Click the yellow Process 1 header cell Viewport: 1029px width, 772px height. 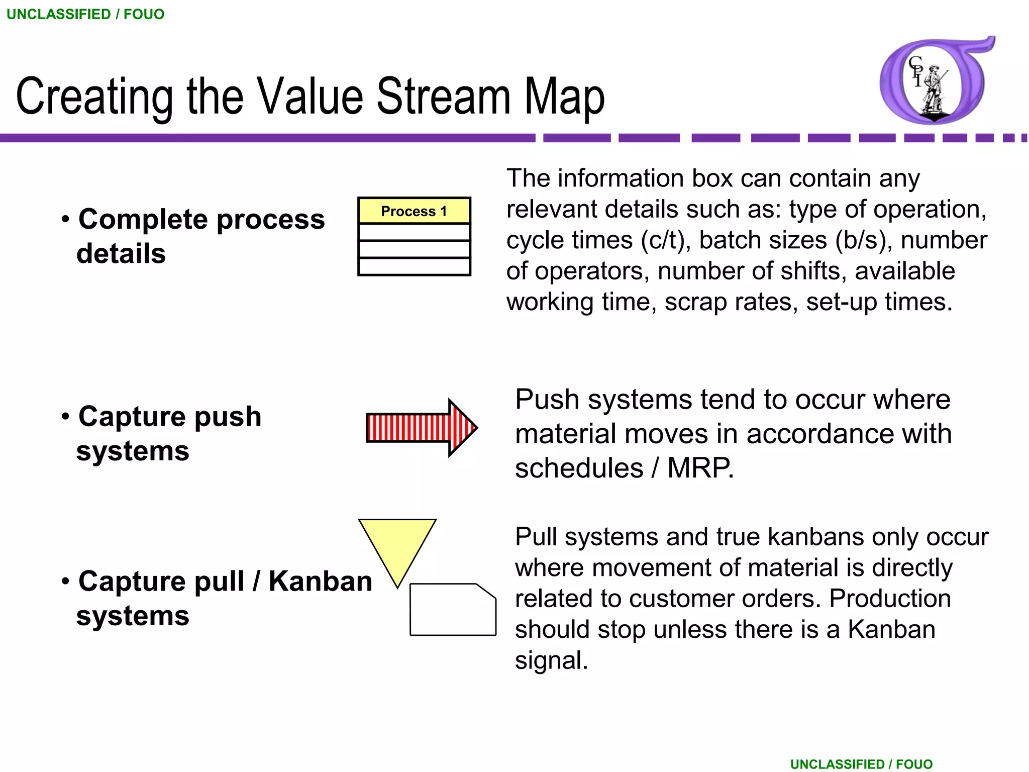[414, 211]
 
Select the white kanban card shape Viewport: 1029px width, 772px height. [452, 610]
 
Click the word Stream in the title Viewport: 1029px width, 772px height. [443, 96]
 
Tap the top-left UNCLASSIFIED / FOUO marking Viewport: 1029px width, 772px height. [85, 14]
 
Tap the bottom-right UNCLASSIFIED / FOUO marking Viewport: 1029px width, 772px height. [861, 764]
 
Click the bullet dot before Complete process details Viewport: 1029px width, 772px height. [65, 219]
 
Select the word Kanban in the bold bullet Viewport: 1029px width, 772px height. [321, 582]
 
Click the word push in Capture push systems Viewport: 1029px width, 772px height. [228, 417]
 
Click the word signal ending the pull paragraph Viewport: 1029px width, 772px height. [551, 660]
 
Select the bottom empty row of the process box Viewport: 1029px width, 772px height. [414, 266]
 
